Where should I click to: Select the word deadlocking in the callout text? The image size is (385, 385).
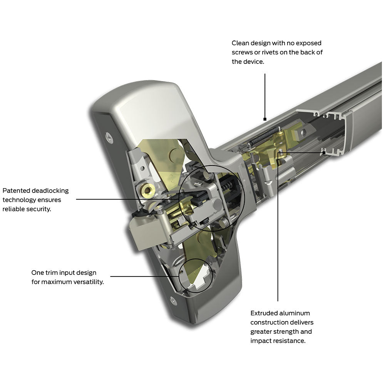pyautogui.click(x=50, y=191)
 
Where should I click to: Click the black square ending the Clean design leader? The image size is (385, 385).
pyautogui.click(x=265, y=119)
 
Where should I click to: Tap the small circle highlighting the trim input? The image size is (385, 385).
pyautogui.click(x=196, y=275)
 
